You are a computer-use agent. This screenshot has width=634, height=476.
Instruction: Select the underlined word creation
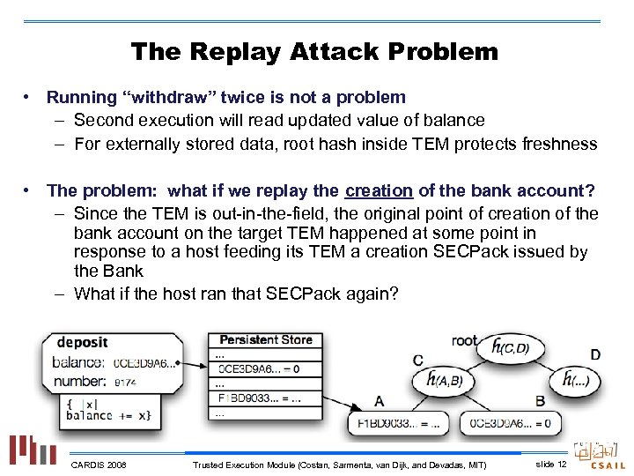[379, 190]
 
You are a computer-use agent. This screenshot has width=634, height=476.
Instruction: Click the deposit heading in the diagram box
[83, 342]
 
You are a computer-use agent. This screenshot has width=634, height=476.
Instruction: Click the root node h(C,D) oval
[511, 348]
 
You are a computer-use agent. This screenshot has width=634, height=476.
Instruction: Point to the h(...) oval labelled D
[581, 381]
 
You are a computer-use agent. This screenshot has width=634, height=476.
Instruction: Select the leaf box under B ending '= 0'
[512, 423]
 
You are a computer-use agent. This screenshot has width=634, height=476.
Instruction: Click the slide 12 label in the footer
[550, 464]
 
